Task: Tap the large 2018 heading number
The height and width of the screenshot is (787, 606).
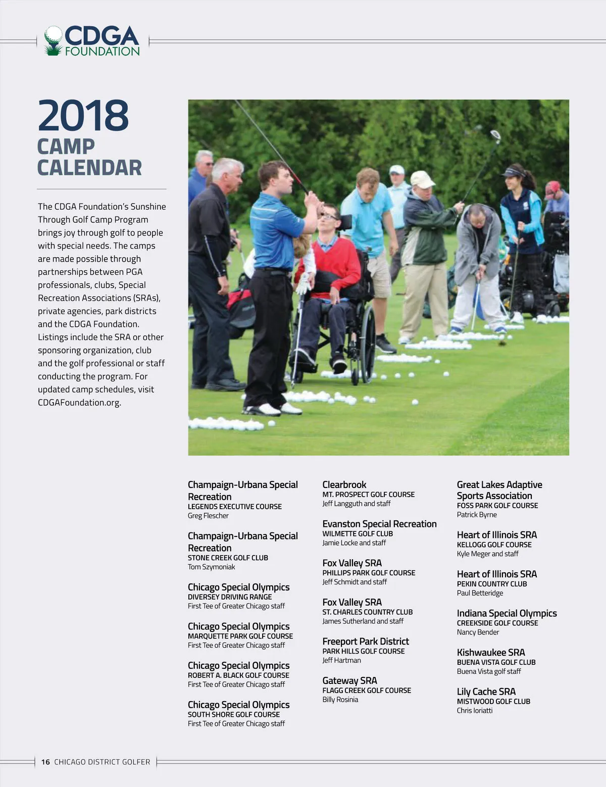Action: [x=83, y=116]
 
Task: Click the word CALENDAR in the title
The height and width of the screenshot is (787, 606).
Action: [x=89, y=168]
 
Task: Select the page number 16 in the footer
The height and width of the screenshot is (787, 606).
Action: [x=45, y=762]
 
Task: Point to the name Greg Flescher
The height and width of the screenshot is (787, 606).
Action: [x=208, y=516]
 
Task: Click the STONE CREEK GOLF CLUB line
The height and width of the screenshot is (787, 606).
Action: [x=228, y=558]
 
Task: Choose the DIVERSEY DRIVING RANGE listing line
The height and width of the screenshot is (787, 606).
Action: [x=230, y=597]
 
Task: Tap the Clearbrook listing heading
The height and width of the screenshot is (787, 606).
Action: [x=344, y=484]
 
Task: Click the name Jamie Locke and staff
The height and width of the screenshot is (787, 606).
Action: [x=354, y=543]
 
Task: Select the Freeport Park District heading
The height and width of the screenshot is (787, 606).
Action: [x=366, y=641]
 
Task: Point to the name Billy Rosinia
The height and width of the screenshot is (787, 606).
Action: [x=340, y=700]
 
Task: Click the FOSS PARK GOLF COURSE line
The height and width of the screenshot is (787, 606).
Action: [x=497, y=505]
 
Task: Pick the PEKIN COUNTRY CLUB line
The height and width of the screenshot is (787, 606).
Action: [x=492, y=583]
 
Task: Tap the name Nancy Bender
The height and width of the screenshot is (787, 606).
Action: [x=478, y=632]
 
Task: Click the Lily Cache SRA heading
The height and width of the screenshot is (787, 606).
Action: [x=486, y=692]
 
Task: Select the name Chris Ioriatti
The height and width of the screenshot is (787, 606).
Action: [x=475, y=710]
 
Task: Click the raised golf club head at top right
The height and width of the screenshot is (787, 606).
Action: [x=495, y=135]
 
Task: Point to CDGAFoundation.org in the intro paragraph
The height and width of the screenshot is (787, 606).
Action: [x=79, y=403]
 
